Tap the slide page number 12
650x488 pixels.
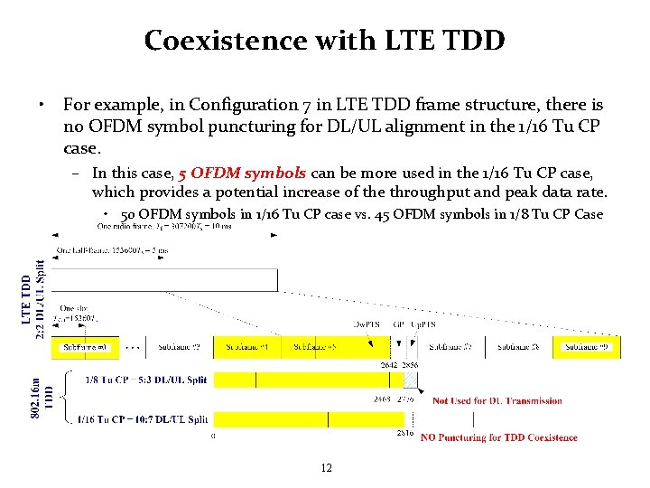tap(326, 467)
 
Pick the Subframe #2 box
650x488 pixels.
tap(182, 347)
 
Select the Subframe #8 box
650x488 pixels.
tap(521, 347)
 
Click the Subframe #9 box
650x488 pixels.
tap(588, 347)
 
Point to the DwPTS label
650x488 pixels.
tap(365, 323)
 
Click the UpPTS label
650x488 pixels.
tap(422, 323)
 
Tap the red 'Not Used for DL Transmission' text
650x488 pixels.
tap(497, 400)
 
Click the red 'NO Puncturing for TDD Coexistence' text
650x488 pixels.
tap(498, 437)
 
